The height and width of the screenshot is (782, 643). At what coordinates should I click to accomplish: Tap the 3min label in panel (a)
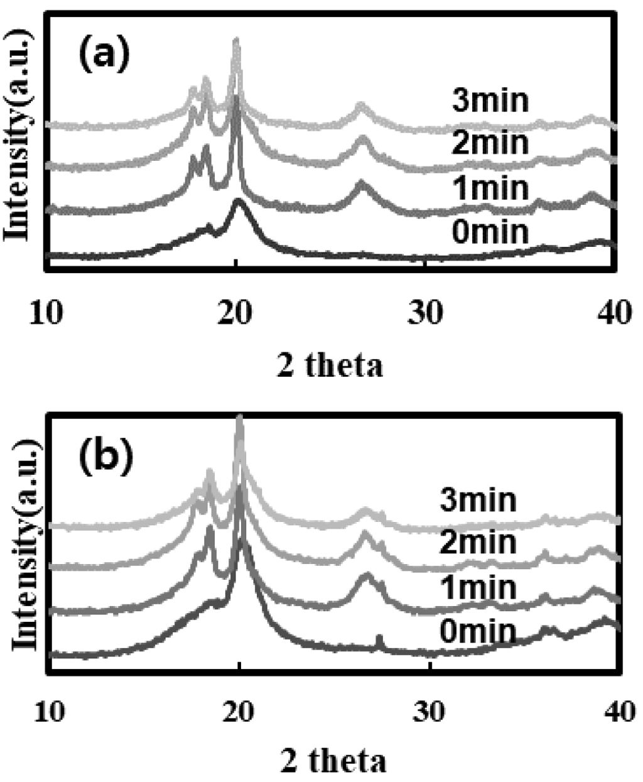click(490, 101)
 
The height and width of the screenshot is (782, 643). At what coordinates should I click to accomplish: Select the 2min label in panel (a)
click(490, 143)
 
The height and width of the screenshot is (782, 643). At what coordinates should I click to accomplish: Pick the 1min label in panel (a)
click(490, 188)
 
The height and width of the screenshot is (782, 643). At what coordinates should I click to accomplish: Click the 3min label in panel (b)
click(478, 500)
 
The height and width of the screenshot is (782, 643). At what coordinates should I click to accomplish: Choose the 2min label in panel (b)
click(478, 542)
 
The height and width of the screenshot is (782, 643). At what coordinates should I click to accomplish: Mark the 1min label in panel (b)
click(478, 588)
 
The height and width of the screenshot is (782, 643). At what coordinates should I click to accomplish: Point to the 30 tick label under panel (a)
click(426, 313)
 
